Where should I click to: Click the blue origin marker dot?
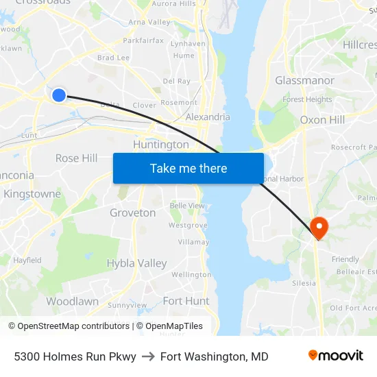pyautogui.click(x=59, y=95)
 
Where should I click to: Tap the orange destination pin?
pyautogui.click(x=319, y=226)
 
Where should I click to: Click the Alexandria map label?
pyautogui.click(x=208, y=117)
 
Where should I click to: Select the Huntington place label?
pyautogui.click(x=161, y=145)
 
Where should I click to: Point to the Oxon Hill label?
pyautogui.click(x=322, y=120)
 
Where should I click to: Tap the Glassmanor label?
pyautogui.click(x=304, y=80)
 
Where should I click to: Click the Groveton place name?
pyautogui.click(x=132, y=213)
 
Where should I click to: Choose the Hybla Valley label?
pyautogui.click(x=136, y=263)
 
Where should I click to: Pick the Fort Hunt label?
pyautogui.click(x=186, y=301)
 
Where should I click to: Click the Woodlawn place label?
pyautogui.click(x=72, y=302)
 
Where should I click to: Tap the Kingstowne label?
pyautogui.click(x=32, y=194)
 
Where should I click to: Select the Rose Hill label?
pyautogui.click(x=76, y=158)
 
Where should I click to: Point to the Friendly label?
pyautogui.click(x=345, y=259)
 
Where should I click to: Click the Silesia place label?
pyautogui.click(x=304, y=283)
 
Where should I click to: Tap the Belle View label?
pyautogui.click(x=186, y=206)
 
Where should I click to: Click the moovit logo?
pyautogui.click(x=335, y=356)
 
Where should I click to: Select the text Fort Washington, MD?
pyautogui.click(x=214, y=356)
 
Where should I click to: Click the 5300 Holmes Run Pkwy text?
pyautogui.click(x=75, y=356)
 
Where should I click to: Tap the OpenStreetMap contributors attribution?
pyautogui.click(x=71, y=326)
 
